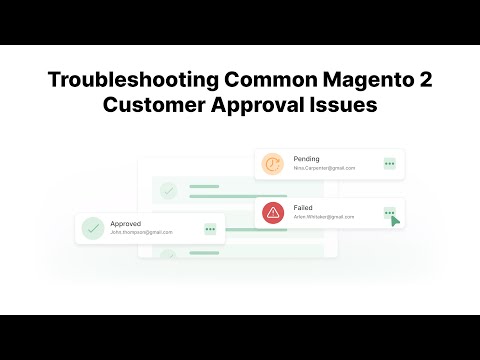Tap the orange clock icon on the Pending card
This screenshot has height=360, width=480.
[272, 164]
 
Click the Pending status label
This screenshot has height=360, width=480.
[306, 159]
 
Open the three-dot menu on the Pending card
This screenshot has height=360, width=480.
[389, 164]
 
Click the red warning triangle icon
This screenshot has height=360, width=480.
[272, 211]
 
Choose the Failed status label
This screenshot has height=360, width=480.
[303, 206]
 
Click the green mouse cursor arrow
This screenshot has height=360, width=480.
[397, 219]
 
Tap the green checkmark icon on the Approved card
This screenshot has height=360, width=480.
[93, 228]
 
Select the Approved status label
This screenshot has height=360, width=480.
[127, 223]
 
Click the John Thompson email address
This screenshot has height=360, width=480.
[142, 233]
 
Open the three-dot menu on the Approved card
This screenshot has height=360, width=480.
[210, 228]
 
